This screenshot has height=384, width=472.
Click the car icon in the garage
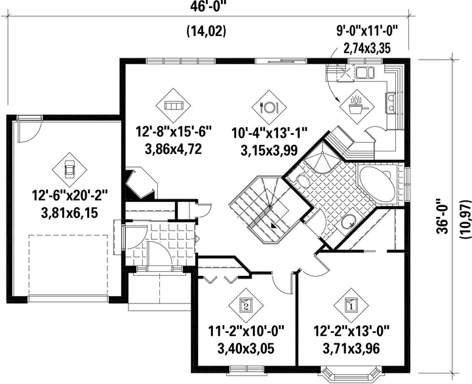(x=69, y=170)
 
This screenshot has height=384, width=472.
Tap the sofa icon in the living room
(x=173, y=106)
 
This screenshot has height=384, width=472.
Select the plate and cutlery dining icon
(x=269, y=107)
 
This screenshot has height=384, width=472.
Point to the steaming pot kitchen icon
(x=357, y=106)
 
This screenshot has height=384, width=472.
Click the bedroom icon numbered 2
(x=246, y=305)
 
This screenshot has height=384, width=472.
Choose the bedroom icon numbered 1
(x=351, y=305)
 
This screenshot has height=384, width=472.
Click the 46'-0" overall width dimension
(x=208, y=6)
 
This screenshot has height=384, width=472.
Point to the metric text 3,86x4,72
(x=173, y=149)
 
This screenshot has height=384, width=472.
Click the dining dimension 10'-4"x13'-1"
(x=269, y=132)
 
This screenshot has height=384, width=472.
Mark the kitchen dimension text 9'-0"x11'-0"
(x=367, y=31)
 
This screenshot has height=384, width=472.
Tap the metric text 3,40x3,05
(x=246, y=349)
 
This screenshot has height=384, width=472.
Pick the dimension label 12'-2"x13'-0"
(x=351, y=332)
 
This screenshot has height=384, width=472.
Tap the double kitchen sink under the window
(x=365, y=73)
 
